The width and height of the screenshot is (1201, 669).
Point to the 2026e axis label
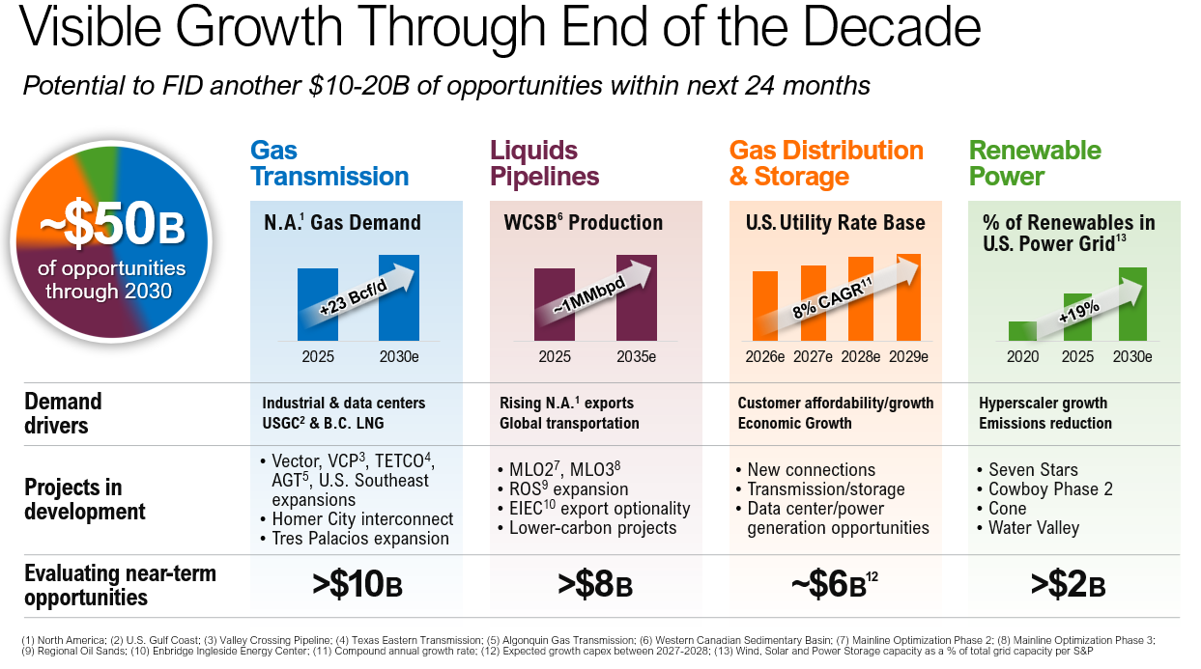point(765,357)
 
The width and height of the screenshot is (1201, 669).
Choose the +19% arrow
point(1079,310)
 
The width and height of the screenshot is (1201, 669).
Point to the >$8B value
point(595,585)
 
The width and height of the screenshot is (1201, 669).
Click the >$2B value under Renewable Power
point(1068,585)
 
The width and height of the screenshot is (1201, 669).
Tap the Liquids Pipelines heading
point(545,163)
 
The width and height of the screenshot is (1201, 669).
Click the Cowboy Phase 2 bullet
point(1050,488)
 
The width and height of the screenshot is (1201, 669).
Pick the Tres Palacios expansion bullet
point(360,539)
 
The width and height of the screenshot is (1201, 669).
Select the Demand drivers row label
point(63,413)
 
